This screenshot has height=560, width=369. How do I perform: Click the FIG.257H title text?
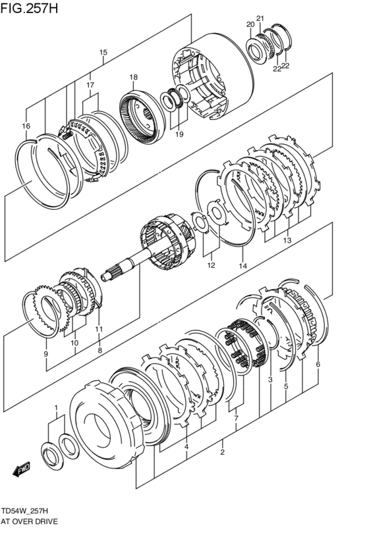click(x=29, y=8)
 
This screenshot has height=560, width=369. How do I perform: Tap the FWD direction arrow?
click(x=22, y=469)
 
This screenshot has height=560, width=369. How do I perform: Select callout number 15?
click(x=103, y=53)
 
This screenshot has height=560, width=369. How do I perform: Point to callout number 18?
click(x=133, y=77)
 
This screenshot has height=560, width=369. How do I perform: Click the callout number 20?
click(x=250, y=24)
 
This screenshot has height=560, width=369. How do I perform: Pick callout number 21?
click(x=260, y=18)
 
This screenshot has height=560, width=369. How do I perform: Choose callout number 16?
click(x=26, y=126)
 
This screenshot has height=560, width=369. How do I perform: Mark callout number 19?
click(x=179, y=134)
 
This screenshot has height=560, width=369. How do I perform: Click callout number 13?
click(x=287, y=240)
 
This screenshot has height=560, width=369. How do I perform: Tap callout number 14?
click(x=242, y=265)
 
